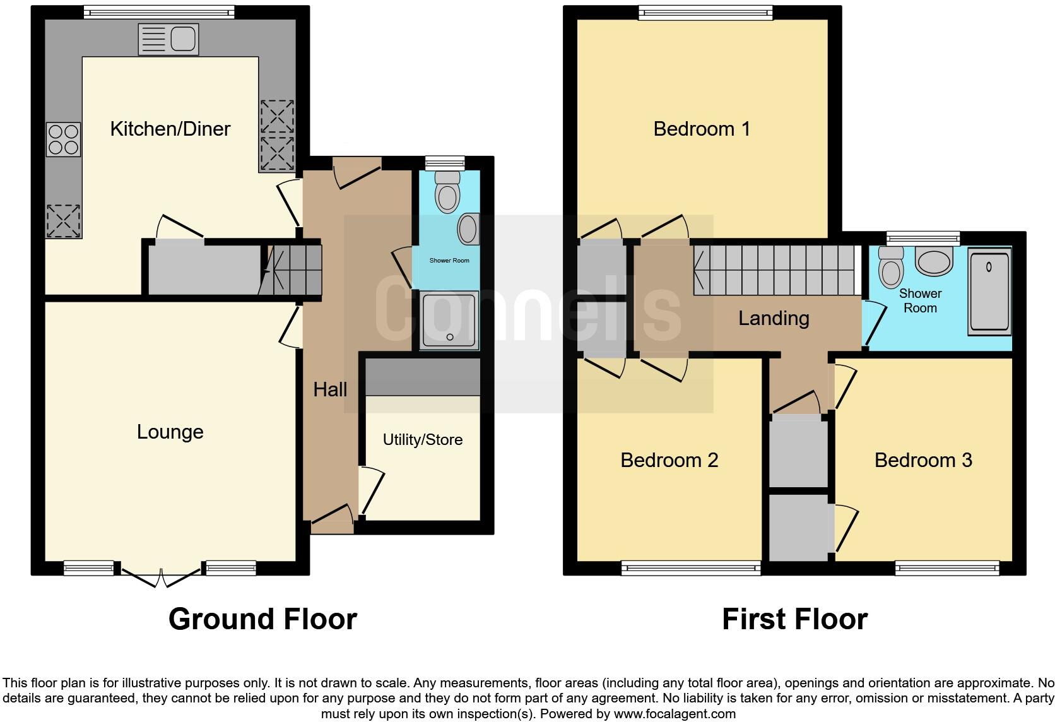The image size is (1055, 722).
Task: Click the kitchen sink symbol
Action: (x=168, y=39)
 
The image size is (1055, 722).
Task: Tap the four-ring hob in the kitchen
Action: (x=64, y=139)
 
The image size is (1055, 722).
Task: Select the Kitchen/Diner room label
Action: (x=170, y=129)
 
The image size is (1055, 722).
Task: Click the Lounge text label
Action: (x=170, y=432)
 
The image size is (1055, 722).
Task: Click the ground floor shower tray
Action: (x=450, y=320)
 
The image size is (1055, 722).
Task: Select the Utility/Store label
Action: (x=423, y=440)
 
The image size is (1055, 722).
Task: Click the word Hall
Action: (x=330, y=390)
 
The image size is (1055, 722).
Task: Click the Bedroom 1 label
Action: (x=702, y=129)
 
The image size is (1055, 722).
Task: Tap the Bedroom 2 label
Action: (x=669, y=460)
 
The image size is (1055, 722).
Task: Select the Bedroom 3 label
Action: (x=922, y=460)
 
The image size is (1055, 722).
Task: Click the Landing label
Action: (x=774, y=318)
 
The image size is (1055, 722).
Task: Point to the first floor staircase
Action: (x=776, y=270)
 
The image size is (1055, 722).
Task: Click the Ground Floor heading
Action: (x=262, y=619)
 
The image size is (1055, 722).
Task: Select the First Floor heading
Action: (x=794, y=619)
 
